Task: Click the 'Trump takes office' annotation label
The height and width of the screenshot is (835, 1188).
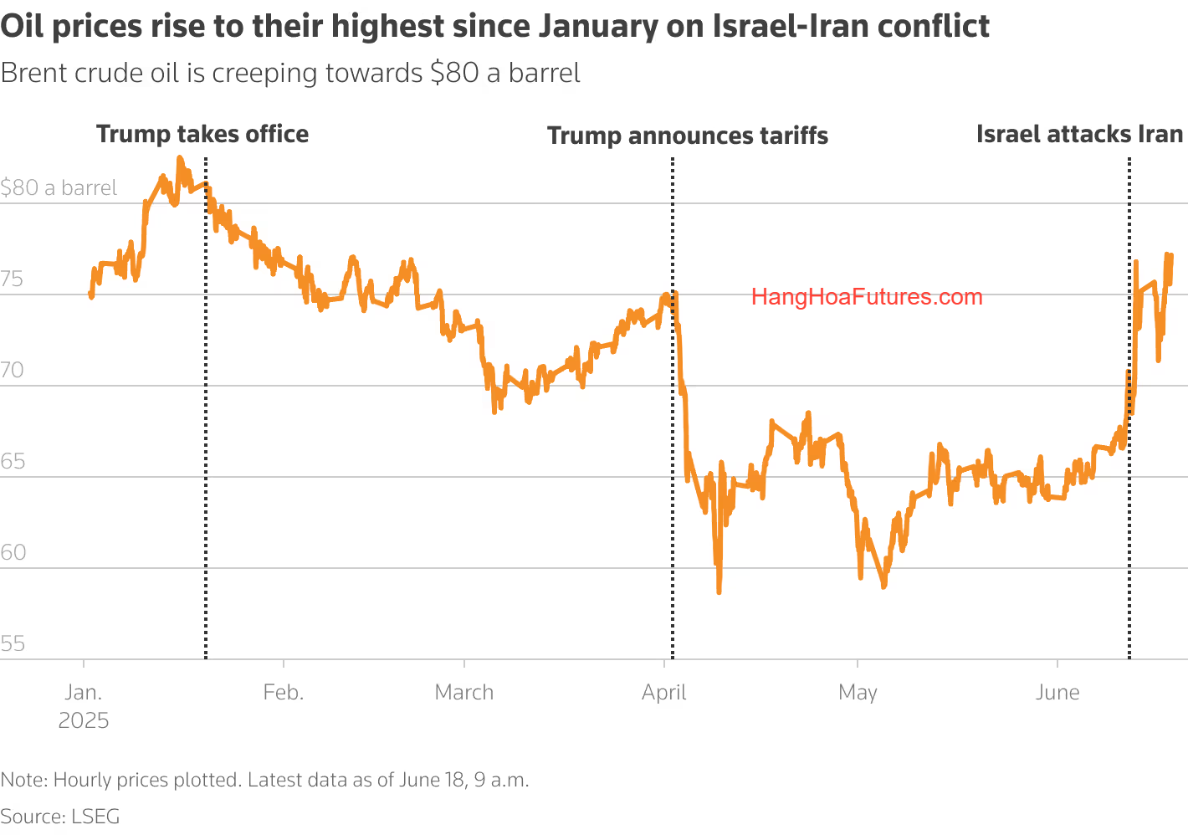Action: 202,134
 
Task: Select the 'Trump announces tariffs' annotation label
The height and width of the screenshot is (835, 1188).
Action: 687,136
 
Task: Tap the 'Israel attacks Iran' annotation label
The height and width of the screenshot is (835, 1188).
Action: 1079,134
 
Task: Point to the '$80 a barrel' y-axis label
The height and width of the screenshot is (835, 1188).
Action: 59,187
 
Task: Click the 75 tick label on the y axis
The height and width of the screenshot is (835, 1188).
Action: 13,279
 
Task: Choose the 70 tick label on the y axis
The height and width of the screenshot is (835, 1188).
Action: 13,370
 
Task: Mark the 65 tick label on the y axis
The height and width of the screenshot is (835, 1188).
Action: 13,461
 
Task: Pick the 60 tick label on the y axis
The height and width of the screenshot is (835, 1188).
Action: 13,552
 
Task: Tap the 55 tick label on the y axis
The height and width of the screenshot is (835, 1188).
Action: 13,643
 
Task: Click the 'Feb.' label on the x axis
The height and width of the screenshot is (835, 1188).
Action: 283,692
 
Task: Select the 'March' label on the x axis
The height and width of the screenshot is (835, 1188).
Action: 464,692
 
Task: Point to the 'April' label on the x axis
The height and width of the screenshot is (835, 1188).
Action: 664,692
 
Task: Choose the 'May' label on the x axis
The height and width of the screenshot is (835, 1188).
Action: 858,693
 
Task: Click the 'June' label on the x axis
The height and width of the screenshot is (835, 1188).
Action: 1057,692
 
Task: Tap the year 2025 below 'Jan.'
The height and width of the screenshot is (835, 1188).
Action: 84,720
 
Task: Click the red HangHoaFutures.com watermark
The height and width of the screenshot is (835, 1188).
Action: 867,297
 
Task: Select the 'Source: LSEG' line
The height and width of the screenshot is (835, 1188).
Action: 60,817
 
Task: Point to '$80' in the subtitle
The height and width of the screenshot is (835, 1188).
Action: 454,73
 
